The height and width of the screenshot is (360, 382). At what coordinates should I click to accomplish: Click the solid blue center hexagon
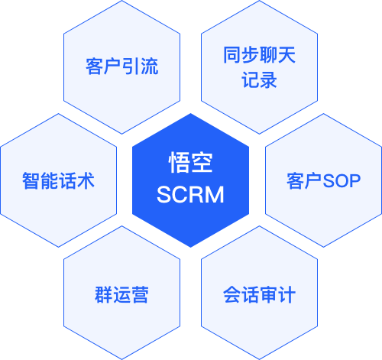(x=190, y=180)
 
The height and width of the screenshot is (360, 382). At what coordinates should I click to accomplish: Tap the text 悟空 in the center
(x=190, y=162)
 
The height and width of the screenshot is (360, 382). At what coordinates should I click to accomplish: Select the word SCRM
(x=190, y=195)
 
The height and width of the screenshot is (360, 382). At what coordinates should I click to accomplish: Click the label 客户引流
(x=122, y=66)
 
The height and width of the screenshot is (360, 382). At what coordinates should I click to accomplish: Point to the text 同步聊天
(x=259, y=55)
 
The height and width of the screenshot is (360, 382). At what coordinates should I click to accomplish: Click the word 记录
(x=259, y=79)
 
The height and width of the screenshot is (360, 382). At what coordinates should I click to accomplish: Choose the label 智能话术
(x=58, y=180)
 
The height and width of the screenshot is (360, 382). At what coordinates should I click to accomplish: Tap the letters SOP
(x=342, y=181)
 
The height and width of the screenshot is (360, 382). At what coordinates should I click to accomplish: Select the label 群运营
(x=121, y=295)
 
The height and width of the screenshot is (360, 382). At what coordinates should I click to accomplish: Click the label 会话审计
(x=259, y=295)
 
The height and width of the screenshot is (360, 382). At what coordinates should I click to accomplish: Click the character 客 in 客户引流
(x=95, y=66)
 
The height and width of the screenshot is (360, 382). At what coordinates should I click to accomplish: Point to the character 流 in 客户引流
(x=150, y=66)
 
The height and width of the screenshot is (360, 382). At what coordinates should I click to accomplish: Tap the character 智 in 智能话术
(x=31, y=180)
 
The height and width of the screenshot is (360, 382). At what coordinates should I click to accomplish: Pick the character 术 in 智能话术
(x=86, y=180)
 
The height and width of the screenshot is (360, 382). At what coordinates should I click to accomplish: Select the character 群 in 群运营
(x=104, y=295)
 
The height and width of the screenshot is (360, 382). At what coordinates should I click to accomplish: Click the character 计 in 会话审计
(x=286, y=295)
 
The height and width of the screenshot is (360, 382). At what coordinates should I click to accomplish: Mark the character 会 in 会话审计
(x=232, y=295)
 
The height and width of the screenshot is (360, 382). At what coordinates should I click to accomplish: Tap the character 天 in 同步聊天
(x=286, y=55)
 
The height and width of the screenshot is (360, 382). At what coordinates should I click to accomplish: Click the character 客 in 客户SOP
(x=296, y=181)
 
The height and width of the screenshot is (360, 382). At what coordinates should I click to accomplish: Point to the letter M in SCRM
(x=214, y=195)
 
